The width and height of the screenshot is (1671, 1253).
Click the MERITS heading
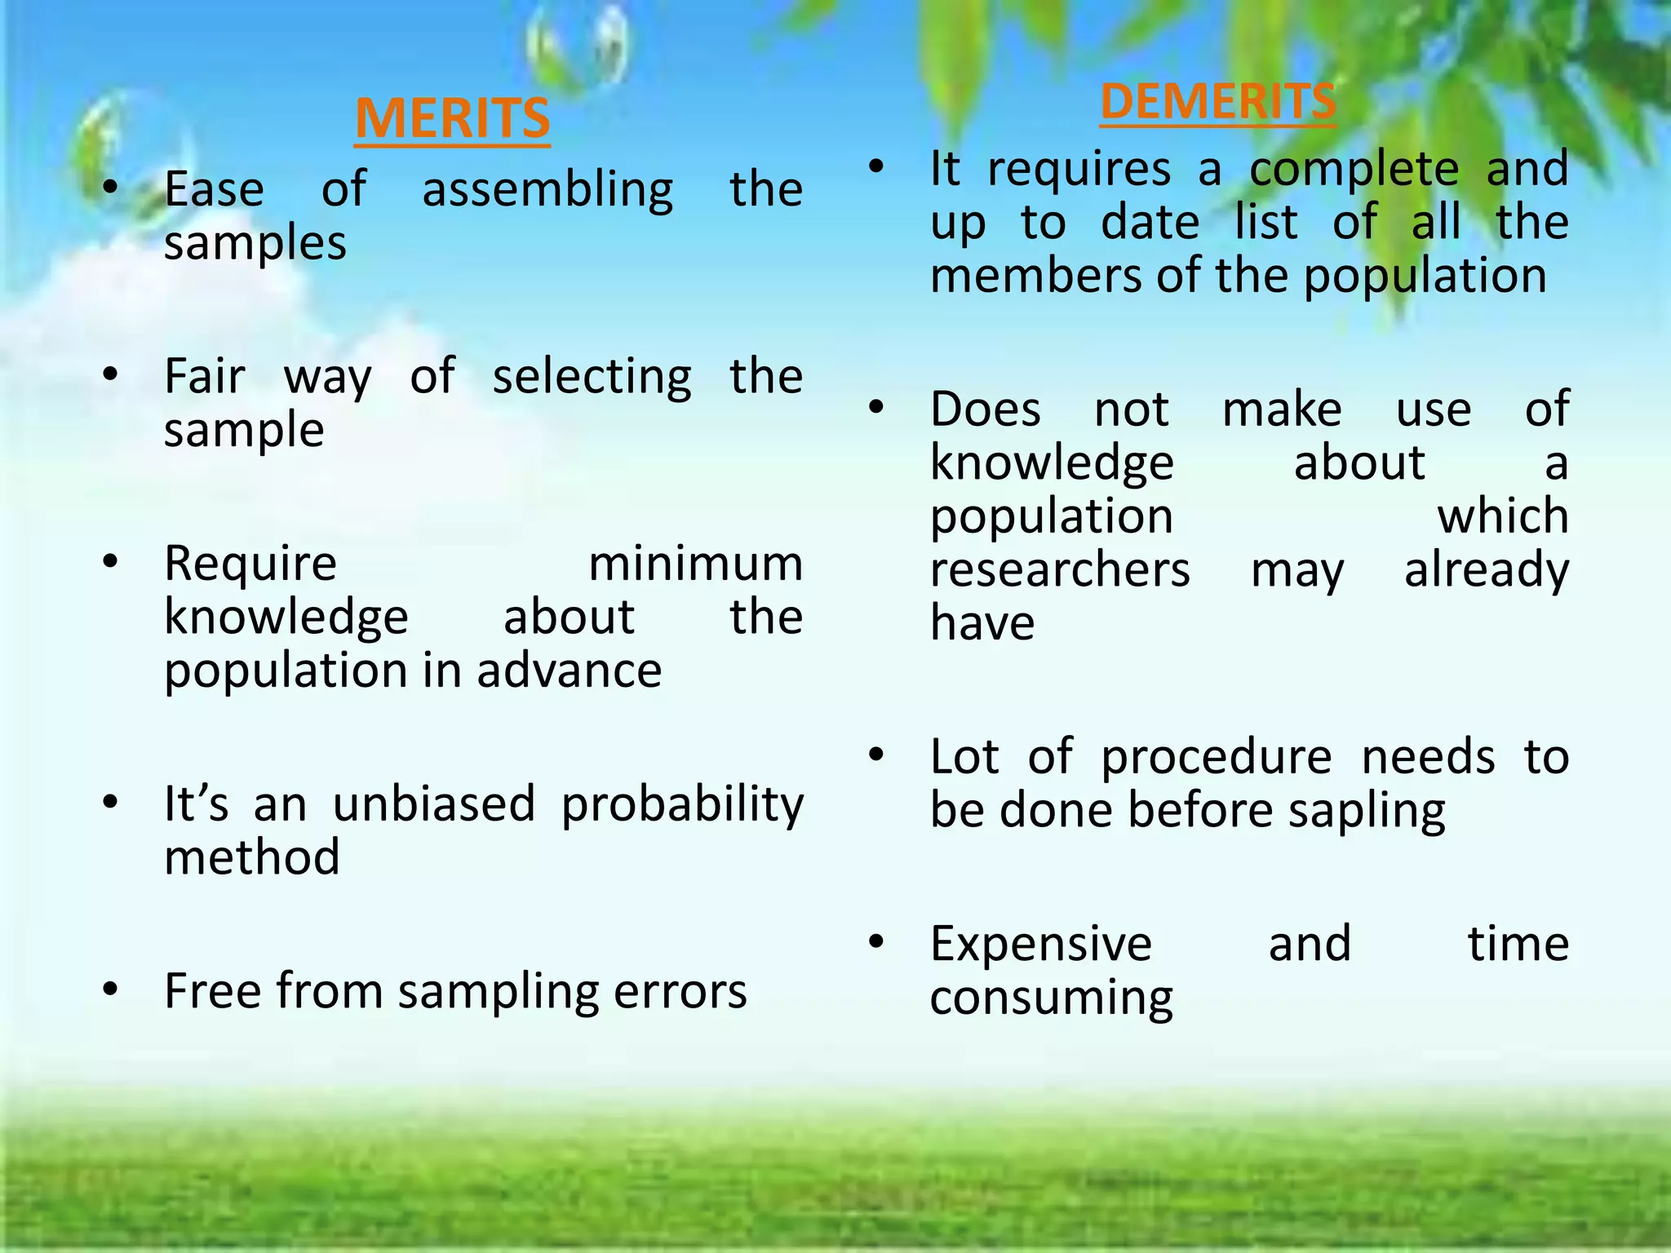[x=453, y=119]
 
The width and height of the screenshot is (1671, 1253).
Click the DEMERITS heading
[x=1217, y=102]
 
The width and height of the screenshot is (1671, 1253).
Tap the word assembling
[x=547, y=190]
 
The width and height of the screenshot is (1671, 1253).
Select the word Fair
[x=204, y=377]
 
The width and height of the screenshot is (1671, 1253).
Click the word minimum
[x=695, y=564]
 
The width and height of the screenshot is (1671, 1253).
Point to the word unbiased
[x=434, y=804]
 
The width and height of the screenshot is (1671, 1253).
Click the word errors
[x=680, y=992]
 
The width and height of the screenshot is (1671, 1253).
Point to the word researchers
[x=1060, y=569]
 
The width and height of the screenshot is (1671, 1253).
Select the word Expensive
[x=1041, y=945]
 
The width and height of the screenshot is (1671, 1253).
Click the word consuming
[x=1051, y=999]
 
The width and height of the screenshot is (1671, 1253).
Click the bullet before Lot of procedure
[x=876, y=755]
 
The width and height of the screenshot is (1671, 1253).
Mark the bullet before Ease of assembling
[x=111, y=188]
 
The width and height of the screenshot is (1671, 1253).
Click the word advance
[x=569, y=671]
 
